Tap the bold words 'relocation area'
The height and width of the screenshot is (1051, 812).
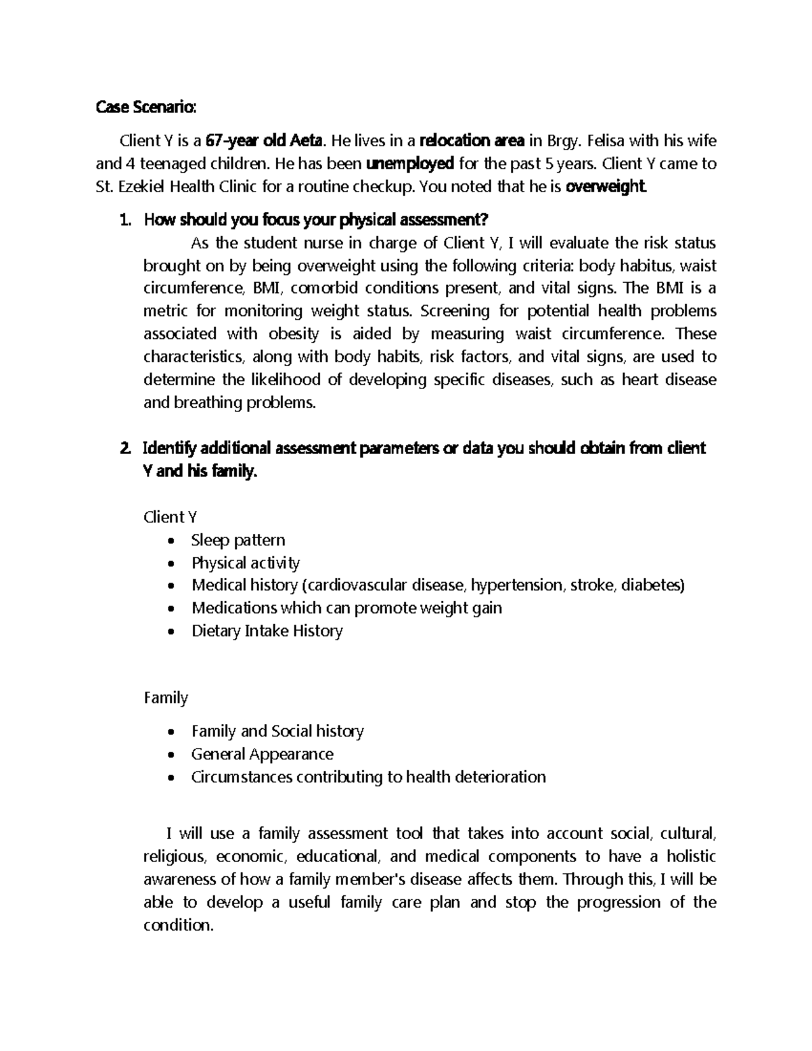(x=472, y=141)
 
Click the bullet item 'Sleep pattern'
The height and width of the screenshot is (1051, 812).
(x=238, y=540)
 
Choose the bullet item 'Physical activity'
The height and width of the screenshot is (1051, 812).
(x=246, y=563)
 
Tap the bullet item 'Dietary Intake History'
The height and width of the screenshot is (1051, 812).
(x=267, y=631)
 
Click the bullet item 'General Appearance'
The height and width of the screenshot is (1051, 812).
(x=263, y=754)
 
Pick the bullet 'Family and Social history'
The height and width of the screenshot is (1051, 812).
(x=277, y=731)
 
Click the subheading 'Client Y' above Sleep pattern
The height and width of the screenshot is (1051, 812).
(x=171, y=517)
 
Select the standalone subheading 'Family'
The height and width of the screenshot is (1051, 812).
(x=166, y=698)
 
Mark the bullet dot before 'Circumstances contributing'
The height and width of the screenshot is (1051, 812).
(x=175, y=778)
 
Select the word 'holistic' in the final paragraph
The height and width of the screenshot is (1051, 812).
(x=691, y=856)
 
